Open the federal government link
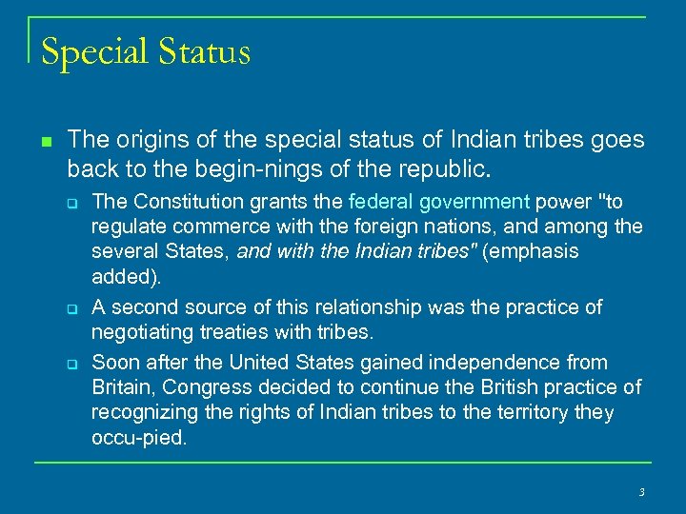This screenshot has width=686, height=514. click(439, 201)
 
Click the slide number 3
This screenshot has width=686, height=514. click(641, 492)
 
